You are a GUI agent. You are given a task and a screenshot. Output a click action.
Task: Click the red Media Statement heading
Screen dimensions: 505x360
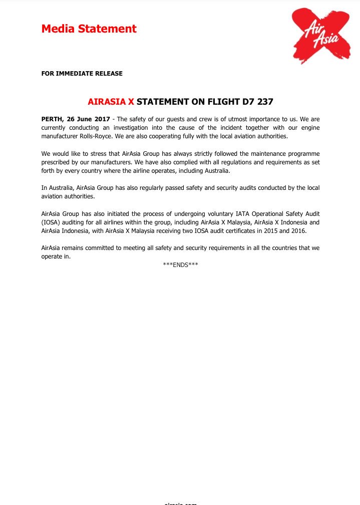click(x=89, y=29)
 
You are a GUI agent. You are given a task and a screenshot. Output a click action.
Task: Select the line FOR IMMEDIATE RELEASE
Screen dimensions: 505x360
click(x=82, y=74)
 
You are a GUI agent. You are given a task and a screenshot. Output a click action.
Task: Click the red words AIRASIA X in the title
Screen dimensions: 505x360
click(x=111, y=102)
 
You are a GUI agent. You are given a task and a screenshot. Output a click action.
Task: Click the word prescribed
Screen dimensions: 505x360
click(x=57, y=162)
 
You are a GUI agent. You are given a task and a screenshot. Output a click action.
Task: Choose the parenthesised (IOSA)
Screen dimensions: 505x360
click(x=51, y=222)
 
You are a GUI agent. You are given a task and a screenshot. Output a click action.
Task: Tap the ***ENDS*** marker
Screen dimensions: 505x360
click(x=180, y=265)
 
